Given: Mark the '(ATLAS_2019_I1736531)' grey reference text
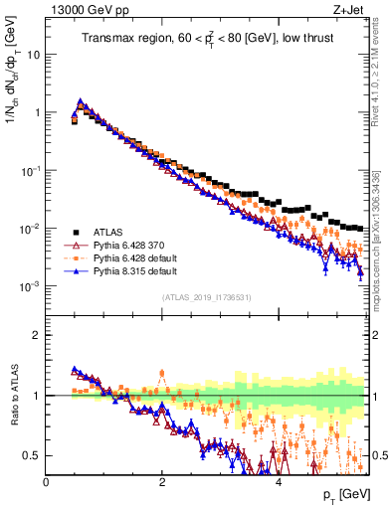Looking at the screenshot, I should click(x=207, y=297).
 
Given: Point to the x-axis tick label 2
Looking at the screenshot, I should click(x=162, y=482).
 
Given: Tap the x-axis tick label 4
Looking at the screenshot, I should click(x=279, y=482).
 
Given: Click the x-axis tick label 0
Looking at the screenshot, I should click(x=46, y=482).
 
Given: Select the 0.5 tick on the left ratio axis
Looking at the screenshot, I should click(x=31, y=456).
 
